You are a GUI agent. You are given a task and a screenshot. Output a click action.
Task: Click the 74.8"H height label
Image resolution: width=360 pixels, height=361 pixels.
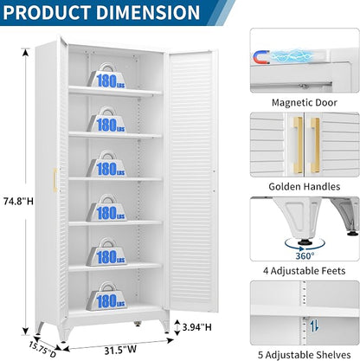click(x=18, y=201)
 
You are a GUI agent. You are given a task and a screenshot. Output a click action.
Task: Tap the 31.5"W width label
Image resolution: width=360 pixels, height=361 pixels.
click(x=120, y=350)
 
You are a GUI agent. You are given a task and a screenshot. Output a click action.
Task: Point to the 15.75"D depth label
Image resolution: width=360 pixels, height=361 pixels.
click(x=42, y=350)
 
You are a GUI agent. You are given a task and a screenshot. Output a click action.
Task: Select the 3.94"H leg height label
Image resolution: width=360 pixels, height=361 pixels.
click(x=197, y=327)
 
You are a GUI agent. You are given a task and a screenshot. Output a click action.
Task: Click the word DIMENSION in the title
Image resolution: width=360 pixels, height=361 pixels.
click(x=148, y=12)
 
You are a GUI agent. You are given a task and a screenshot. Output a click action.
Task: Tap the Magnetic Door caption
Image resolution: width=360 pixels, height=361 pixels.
click(x=305, y=102)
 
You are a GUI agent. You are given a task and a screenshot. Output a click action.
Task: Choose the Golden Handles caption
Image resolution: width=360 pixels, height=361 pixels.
click(x=305, y=186)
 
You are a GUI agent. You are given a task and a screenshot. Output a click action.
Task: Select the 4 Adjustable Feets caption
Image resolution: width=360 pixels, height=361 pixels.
click(x=304, y=271)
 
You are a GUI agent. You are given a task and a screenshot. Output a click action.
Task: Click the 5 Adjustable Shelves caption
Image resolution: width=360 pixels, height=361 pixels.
click(x=305, y=355)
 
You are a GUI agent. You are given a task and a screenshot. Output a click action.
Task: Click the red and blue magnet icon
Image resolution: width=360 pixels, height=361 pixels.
click(x=261, y=57)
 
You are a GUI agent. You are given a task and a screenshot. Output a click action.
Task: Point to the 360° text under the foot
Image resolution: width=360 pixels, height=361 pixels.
click(x=305, y=255)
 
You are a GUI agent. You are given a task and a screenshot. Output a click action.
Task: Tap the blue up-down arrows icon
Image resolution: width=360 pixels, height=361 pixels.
click(x=314, y=326)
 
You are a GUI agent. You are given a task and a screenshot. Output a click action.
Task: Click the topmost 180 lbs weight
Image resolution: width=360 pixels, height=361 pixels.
click(x=106, y=76)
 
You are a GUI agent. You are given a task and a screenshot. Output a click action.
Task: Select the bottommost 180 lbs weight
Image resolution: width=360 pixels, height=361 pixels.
click(x=106, y=296)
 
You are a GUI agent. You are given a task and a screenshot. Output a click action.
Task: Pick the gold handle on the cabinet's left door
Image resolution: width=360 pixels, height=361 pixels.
click(x=55, y=180)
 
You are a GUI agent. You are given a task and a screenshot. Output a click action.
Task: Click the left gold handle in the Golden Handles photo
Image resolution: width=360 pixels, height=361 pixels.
click(x=299, y=145)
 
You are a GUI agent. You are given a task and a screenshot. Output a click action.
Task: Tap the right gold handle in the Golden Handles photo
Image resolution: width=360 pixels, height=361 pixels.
click(x=315, y=145)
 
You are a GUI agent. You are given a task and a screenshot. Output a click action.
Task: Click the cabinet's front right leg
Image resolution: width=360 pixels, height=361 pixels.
click(x=165, y=325)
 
